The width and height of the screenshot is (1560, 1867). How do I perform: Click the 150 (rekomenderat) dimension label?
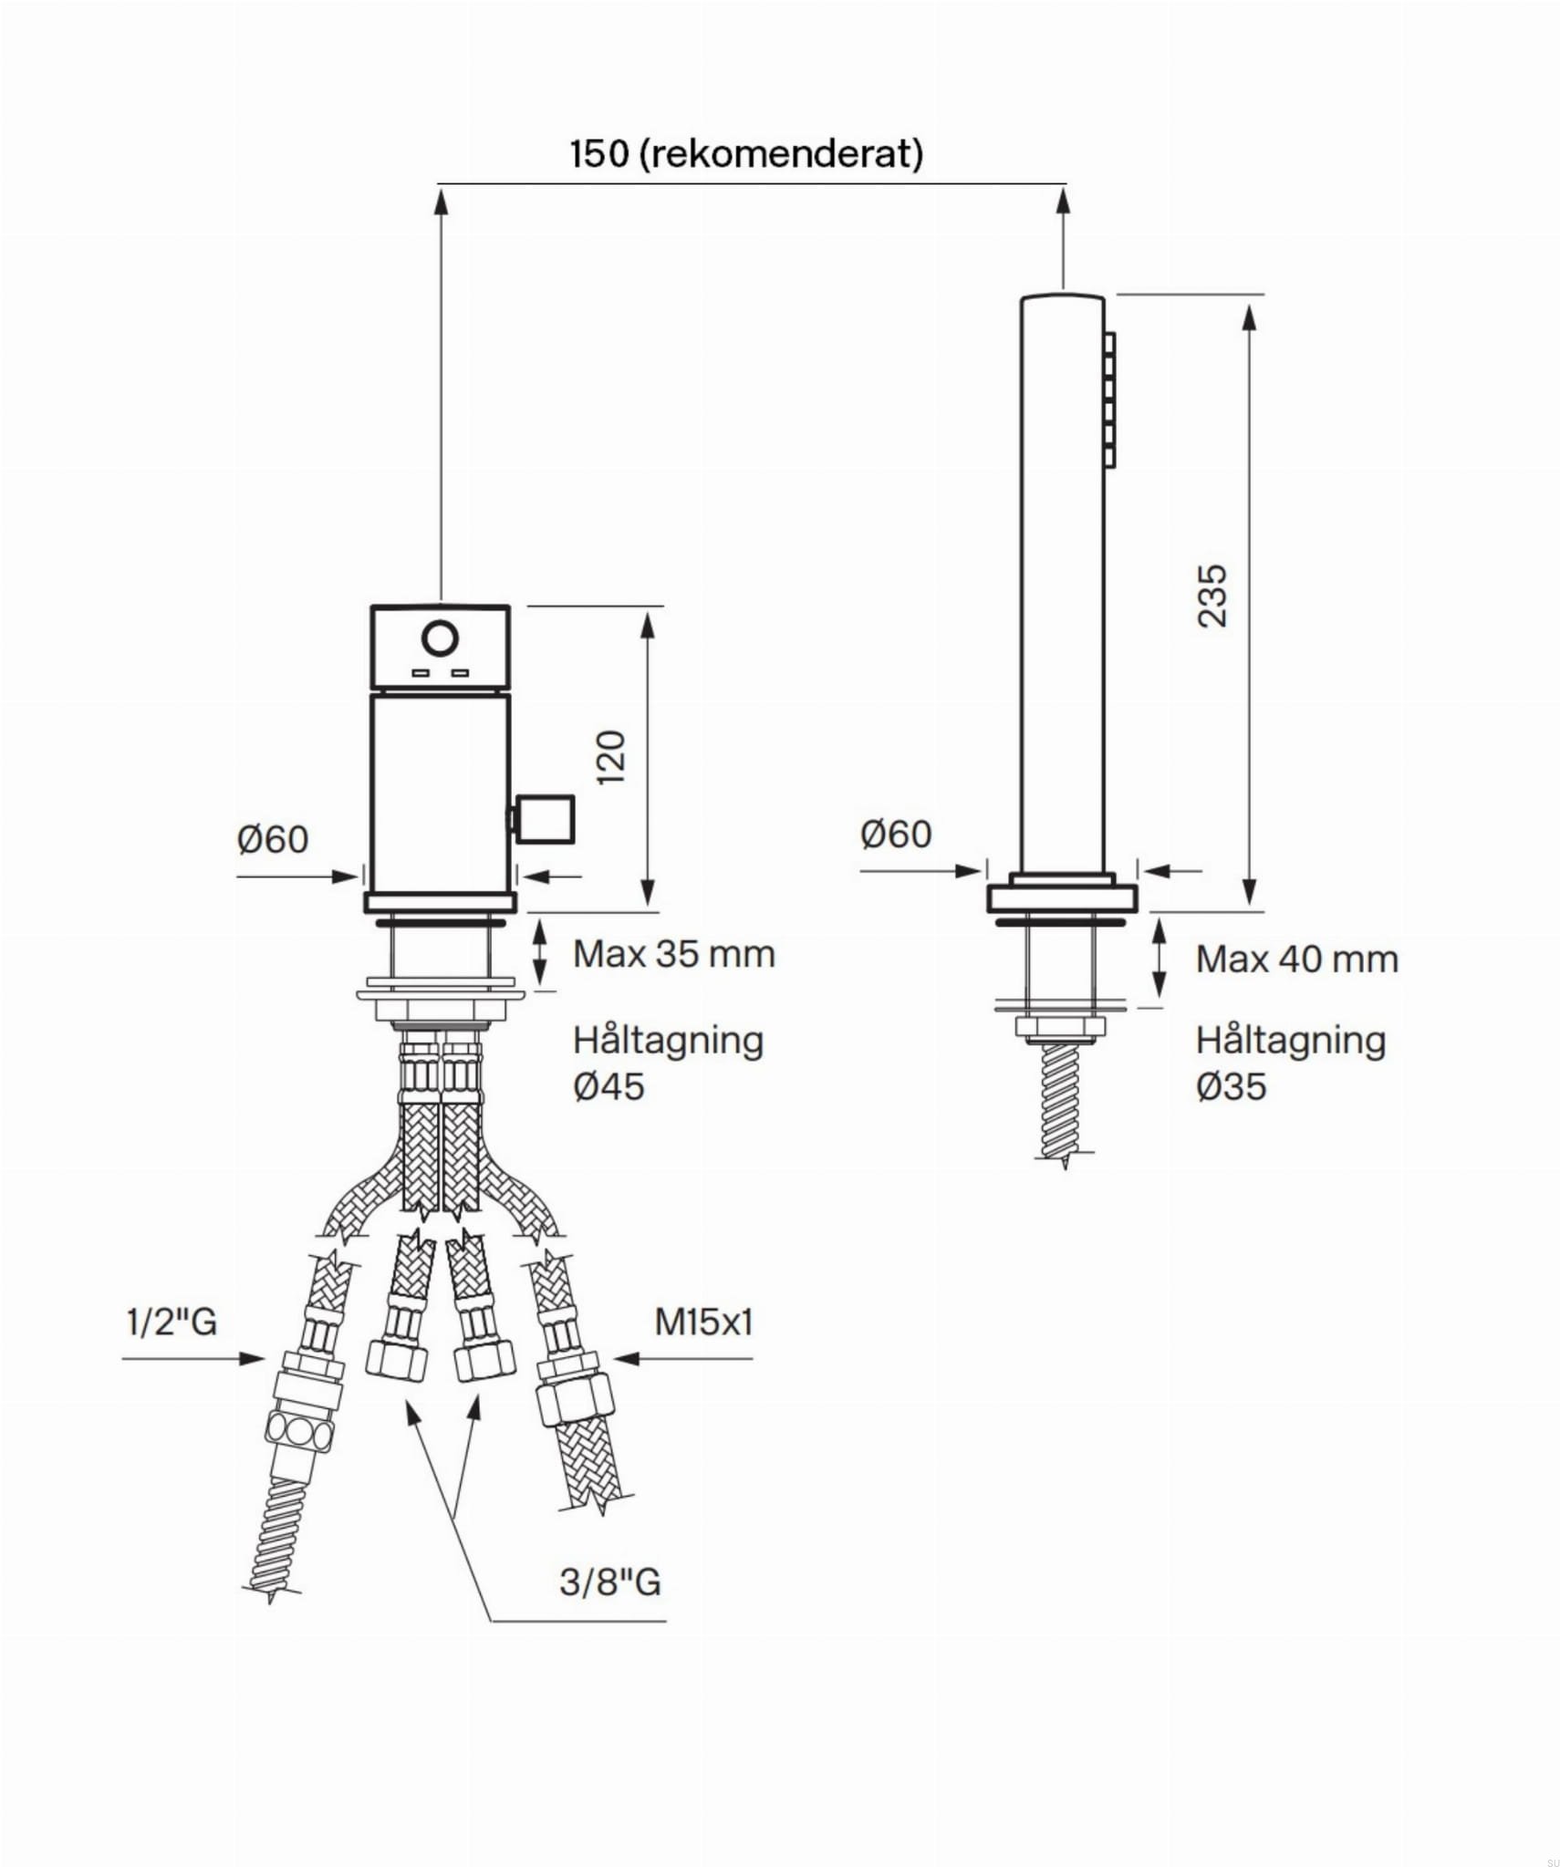tap(746, 153)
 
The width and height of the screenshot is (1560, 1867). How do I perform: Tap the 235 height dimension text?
tap(1212, 596)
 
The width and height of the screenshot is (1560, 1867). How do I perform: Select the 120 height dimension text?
tap(610, 757)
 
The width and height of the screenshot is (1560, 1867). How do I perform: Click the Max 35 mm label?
tap(674, 954)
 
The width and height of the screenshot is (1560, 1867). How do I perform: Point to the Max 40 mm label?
tap(1297, 959)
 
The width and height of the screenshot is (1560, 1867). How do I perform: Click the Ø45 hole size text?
tap(608, 1086)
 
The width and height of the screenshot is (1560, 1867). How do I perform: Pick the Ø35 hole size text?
tap(1232, 1086)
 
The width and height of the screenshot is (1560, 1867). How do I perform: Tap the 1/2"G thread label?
tap(172, 1321)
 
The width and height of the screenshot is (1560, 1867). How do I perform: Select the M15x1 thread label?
tap(703, 1322)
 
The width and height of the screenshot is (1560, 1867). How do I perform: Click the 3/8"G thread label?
tap(610, 1582)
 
